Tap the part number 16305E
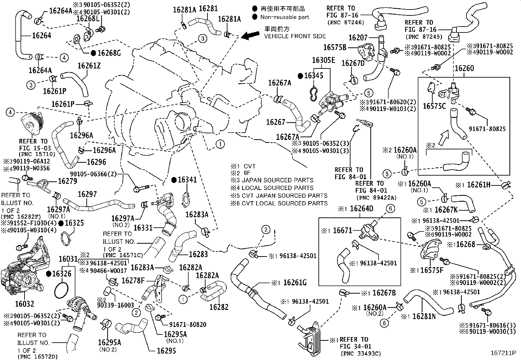323,60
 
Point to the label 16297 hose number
87,194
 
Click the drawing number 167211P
503,353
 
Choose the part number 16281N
424,316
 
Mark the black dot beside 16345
300,76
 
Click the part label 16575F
432,270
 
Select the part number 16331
144,227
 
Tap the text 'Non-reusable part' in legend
285,17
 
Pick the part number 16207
358,38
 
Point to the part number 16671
342,231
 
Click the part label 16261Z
89,66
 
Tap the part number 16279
67,181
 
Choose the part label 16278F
133,280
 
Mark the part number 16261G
295,282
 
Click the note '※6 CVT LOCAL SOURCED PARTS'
279,203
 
